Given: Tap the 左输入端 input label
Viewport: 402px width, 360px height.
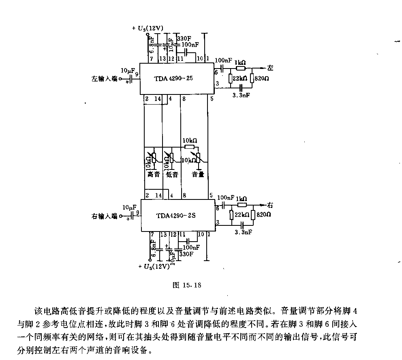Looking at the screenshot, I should tap(104, 79).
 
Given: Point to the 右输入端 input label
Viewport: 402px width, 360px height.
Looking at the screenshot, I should tap(104, 216).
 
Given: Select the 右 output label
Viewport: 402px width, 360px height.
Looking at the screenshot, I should tap(271, 204).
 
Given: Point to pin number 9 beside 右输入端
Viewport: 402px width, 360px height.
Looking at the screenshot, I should tap(138, 212).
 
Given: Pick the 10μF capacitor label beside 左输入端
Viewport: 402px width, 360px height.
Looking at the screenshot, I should tap(128, 71).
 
